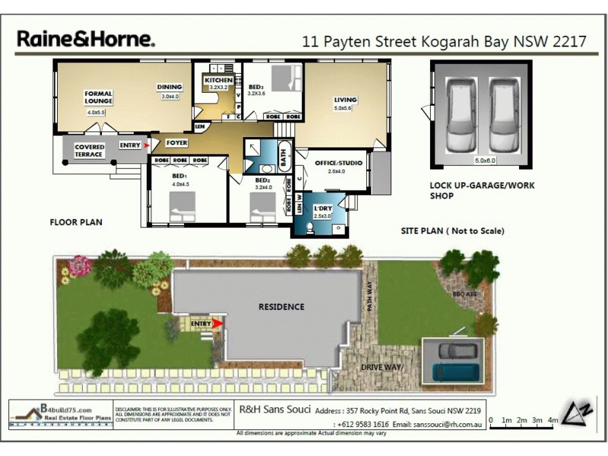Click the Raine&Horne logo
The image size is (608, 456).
tap(85, 39)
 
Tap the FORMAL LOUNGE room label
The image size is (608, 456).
tap(98, 97)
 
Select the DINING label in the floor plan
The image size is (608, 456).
tap(169, 87)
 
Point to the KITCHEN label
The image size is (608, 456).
tap(218, 80)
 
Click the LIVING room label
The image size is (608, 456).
tap(345, 100)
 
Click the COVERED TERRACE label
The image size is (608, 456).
tap(89, 150)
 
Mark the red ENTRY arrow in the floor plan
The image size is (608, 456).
tap(148, 144)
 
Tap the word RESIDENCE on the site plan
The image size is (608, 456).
tap(281, 307)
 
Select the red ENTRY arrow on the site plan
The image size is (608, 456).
tap(218, 324)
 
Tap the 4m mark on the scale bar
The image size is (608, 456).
tap(553, 420)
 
